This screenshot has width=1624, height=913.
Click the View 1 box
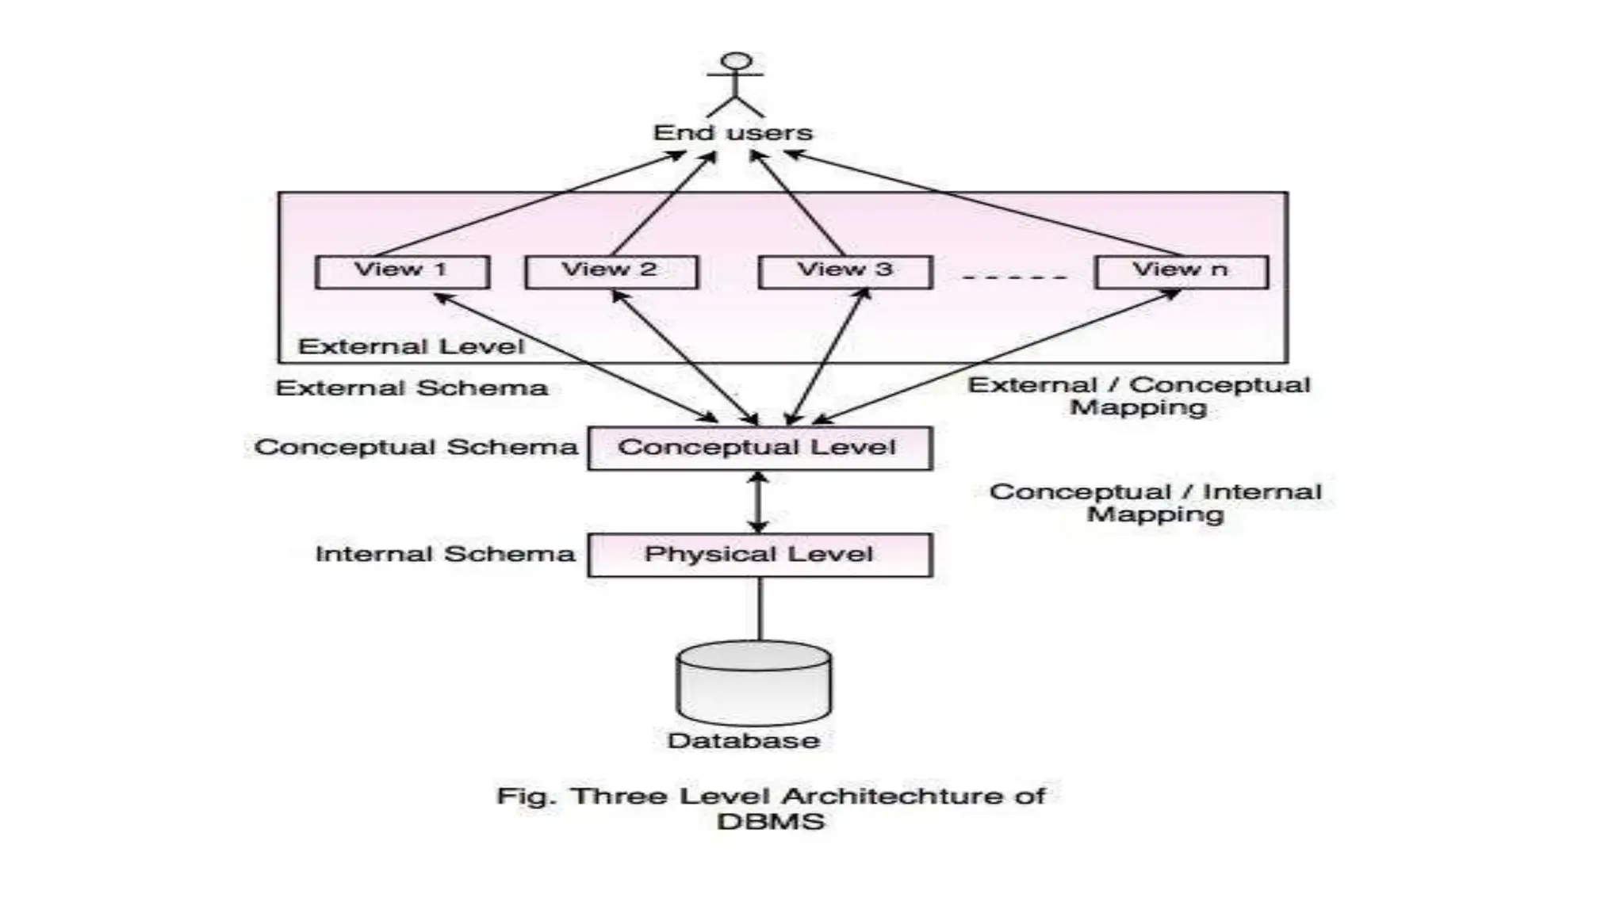click(x=402, y=272)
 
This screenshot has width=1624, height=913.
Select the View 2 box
click(x=611, y=272)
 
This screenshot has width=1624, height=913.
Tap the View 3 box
click(x=845, y=272)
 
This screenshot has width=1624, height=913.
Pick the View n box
click(x=1181, y=272)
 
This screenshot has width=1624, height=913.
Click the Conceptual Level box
click(x=759, y=448)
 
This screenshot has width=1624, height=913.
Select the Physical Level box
click(x=759, y=554)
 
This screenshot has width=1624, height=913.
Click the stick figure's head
click(x=737, y=62)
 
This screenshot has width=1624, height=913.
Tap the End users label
click(x=733, y=132)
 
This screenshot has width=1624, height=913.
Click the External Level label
click(x=411, y=346)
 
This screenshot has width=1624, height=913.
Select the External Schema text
click(x=412, y=388)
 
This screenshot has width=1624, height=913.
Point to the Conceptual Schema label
click(x=416, y=447)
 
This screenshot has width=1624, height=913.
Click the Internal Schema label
click(x=445, y=553)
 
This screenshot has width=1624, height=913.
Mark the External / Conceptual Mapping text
click(x=1139, y=395)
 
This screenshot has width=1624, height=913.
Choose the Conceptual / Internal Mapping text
click(x=1155, y=502)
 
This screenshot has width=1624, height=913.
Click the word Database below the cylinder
click(x=743, y=740)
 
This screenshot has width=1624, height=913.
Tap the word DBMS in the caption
click(x=770, y=821)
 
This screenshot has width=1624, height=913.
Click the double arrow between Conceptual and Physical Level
click(x=759, y=502)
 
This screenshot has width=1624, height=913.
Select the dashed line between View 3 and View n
click(x=1013, y=277)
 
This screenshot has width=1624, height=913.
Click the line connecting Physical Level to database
click(x=760, y=608)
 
